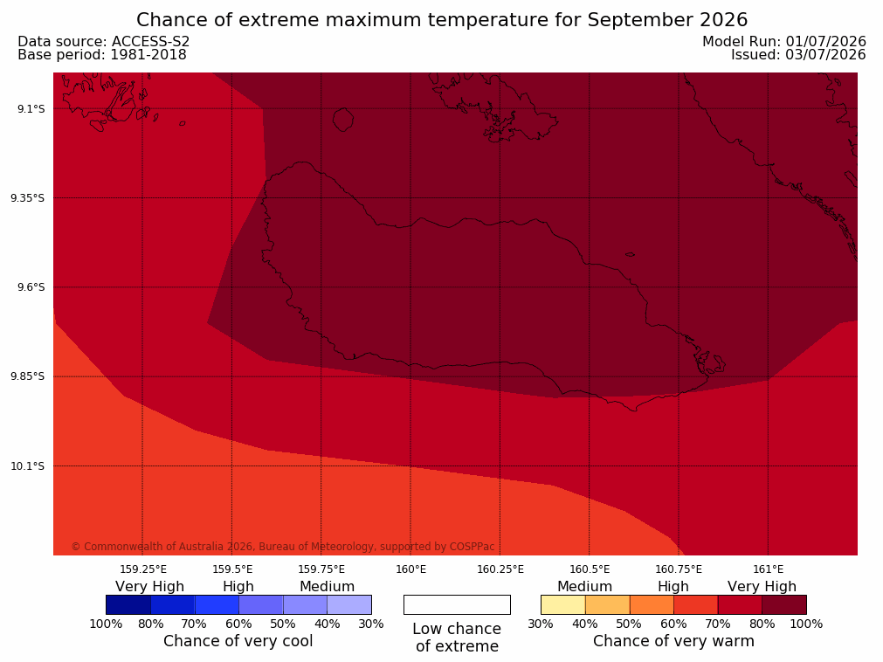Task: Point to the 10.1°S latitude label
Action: [x=28, y=466]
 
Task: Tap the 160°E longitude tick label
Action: [x=411, y=569]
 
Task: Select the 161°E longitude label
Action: [x=768, y=569]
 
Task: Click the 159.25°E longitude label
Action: [x=143, y=569]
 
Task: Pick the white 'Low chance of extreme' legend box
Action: [x=458, y=604]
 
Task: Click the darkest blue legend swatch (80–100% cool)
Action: [x=128, y=604]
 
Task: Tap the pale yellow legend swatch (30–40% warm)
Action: [x=563, y=604]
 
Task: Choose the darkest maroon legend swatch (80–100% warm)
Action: [x=784, y=604]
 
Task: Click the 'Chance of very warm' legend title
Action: [x=673, y=641]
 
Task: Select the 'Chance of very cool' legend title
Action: [x=238, y=641]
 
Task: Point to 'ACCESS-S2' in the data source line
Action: [x=150, y=42]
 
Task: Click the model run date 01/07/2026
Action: [x=826, y=42]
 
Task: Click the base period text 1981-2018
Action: [x=148, y=55]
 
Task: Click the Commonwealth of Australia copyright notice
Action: [x=283, y=547]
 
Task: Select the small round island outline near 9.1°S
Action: [x=343, y=120]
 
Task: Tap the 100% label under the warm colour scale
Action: [x=806, y=624]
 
